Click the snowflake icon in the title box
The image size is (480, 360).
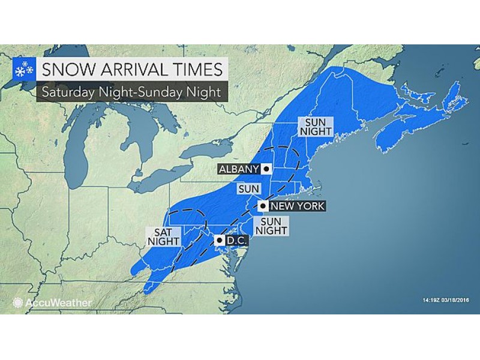[x=22, y=71]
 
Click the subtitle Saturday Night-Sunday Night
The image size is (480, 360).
[x=127, y=92]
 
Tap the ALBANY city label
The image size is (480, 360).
[x=238, y=169]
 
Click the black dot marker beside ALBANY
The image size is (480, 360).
[x=265, y=169]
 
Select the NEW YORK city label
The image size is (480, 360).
[x=298, y=206]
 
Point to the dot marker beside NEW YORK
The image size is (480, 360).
[x=262, y=206]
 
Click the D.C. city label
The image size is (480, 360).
[x=233, y=241]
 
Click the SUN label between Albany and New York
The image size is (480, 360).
[x=248, y=188]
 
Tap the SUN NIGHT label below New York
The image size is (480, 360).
[x=271, y=226]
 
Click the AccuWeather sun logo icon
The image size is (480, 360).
[x=18, y=302]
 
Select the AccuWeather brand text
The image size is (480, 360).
[x=59, y=302]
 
